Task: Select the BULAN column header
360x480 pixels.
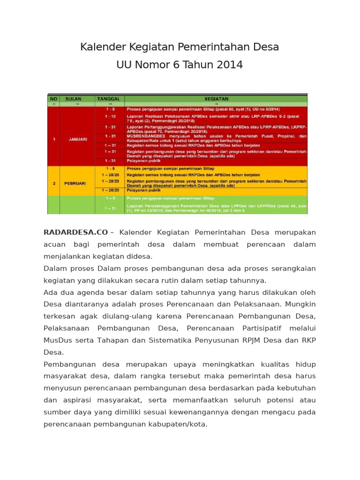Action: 73,99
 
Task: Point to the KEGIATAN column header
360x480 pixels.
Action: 217,99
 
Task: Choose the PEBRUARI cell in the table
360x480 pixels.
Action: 75,183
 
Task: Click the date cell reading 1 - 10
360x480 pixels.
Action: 110,116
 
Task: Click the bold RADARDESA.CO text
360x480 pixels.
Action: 76,232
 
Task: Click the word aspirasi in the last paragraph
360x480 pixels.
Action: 74,400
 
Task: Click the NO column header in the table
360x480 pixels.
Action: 53,99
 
